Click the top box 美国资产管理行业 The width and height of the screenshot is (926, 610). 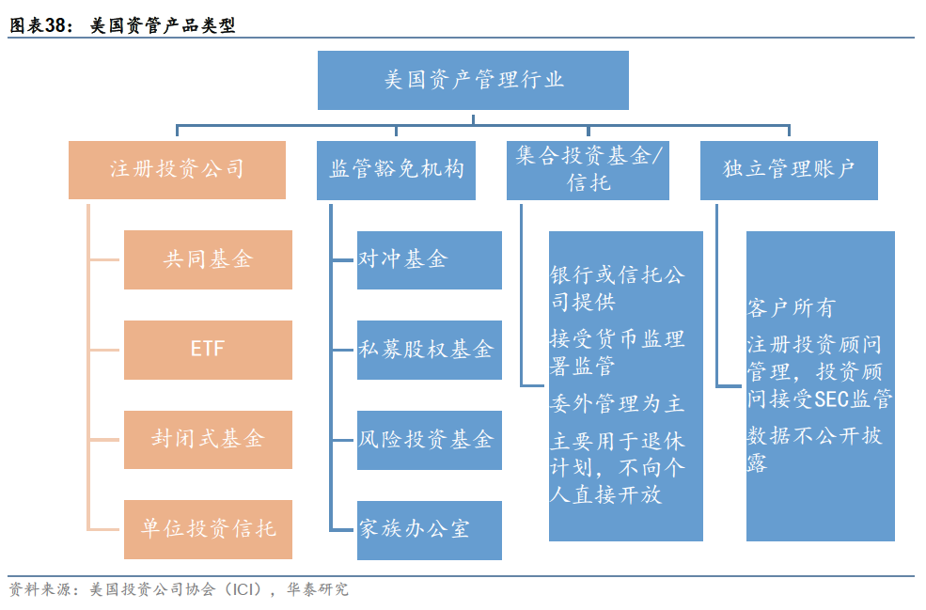coord(473,80)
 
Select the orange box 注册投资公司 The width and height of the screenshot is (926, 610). coord(177,170)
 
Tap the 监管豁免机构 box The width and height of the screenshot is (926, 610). coord(396,170)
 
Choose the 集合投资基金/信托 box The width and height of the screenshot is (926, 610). coord(588,170)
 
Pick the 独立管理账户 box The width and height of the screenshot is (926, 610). coord(789,170)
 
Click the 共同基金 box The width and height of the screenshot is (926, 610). coord(208,259)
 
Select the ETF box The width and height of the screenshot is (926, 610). coord(208,350)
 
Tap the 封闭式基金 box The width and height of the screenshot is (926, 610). coord(208,439)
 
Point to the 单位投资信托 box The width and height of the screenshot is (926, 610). coord(208,529)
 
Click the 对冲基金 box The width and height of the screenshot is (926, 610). coord(429,259)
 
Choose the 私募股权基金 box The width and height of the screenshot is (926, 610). coord(429,350)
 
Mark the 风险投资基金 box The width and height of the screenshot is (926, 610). coord(429,440)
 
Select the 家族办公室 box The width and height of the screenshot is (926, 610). coord(429,530)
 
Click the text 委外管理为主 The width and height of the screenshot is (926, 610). coord(617,405)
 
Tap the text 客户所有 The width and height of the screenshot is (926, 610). coord(791,308)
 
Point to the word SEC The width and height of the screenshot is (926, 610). coord(831,400)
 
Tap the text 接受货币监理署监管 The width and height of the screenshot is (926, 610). coord(617,352)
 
